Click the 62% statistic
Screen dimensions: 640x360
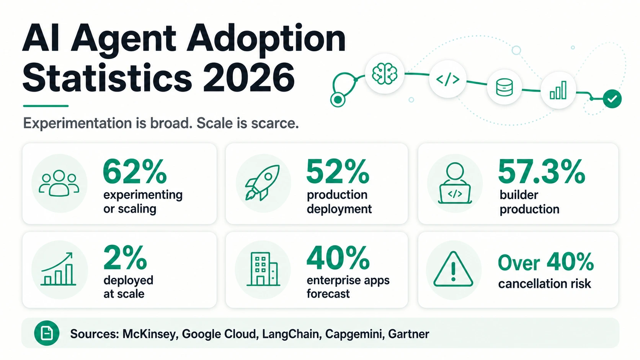click(x=135, y=171)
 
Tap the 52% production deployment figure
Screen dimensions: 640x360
click(x=338, y=171)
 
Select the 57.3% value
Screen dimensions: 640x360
click(x=541, y=171)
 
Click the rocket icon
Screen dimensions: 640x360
click(x=262, y=183)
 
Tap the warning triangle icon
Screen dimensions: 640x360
click(x=453, y=269)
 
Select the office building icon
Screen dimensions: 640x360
click(x=263, y=269)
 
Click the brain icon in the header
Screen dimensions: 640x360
click(x=385, y=74)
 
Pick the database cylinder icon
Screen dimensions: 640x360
click(x=504, y=87)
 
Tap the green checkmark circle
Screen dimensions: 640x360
click(x=612, y=99)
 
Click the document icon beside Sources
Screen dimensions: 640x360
click(x=47, y=333)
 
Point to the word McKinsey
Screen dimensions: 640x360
click(x=150, y=334)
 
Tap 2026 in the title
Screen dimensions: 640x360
click(x=249, y=78)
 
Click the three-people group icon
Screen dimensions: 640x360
click(x=59, y=183)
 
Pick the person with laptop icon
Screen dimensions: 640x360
click(x=455, y=183)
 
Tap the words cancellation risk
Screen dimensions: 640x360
click(x=545, y=284)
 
